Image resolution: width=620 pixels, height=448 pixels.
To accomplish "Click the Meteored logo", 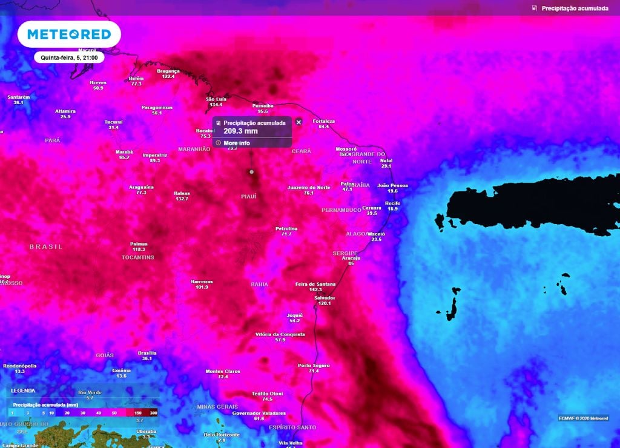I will (x=69, y=34).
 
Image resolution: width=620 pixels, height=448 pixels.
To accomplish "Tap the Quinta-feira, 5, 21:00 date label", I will (x=69, y=58).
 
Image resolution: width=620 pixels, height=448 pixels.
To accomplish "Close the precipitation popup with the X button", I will (x=298, y=122).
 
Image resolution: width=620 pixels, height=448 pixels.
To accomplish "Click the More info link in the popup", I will (x=236, y=143).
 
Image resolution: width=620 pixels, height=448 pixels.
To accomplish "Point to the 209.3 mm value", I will (x=240, y=131).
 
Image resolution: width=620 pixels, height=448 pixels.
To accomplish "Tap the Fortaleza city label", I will (x=324, y=121).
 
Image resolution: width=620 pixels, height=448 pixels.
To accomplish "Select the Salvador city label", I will (x=325, y=298).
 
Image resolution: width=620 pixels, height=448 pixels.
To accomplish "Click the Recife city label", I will (x=392, y=203).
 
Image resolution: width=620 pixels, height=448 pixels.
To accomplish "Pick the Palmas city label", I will (x=139, y=244).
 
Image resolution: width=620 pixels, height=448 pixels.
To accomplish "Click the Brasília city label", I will (x=147, y=353).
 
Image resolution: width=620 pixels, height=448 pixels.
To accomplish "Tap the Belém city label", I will (x=136, y=79).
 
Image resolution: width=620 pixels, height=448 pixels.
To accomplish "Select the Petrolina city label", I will (x=286, y=228).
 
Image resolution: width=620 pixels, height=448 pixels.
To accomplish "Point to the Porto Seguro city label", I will (x=314, y=365).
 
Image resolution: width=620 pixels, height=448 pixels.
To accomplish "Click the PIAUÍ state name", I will (x=248, y=196).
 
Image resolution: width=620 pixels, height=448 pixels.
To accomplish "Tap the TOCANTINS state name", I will (x=137, y=257).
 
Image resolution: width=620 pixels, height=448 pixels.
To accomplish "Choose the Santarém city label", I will (x=18, y=97).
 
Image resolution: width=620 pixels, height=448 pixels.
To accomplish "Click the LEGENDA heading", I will (x=23, y=390).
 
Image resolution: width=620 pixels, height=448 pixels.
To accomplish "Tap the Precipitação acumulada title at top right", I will (x=575, y=8).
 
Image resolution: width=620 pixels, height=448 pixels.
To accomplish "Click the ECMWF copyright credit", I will (x=583, y=418).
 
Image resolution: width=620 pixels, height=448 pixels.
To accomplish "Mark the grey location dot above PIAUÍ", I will (x=251, y=172).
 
